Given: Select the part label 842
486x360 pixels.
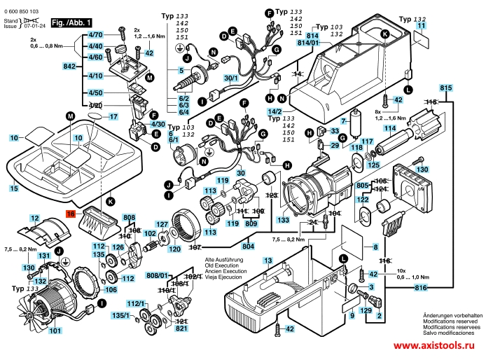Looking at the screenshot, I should click(x=69, y=66).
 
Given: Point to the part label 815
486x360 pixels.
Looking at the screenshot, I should click(x=446, y=88).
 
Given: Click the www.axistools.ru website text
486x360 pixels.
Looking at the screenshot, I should click(x=438, y=347).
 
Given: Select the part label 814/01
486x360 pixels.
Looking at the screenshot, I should click(x=308, y=43).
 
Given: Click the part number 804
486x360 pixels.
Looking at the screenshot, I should click(x=248, y=247).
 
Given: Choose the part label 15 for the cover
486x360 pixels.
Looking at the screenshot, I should click(x=14, y=188).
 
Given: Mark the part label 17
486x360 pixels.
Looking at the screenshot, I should click(x=113, y=117).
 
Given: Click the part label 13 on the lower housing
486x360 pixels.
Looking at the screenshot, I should click(x=267, y=260).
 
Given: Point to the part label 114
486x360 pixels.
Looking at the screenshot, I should click(x=389, y=129).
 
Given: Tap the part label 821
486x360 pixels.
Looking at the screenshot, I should click(x=181, y=328).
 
